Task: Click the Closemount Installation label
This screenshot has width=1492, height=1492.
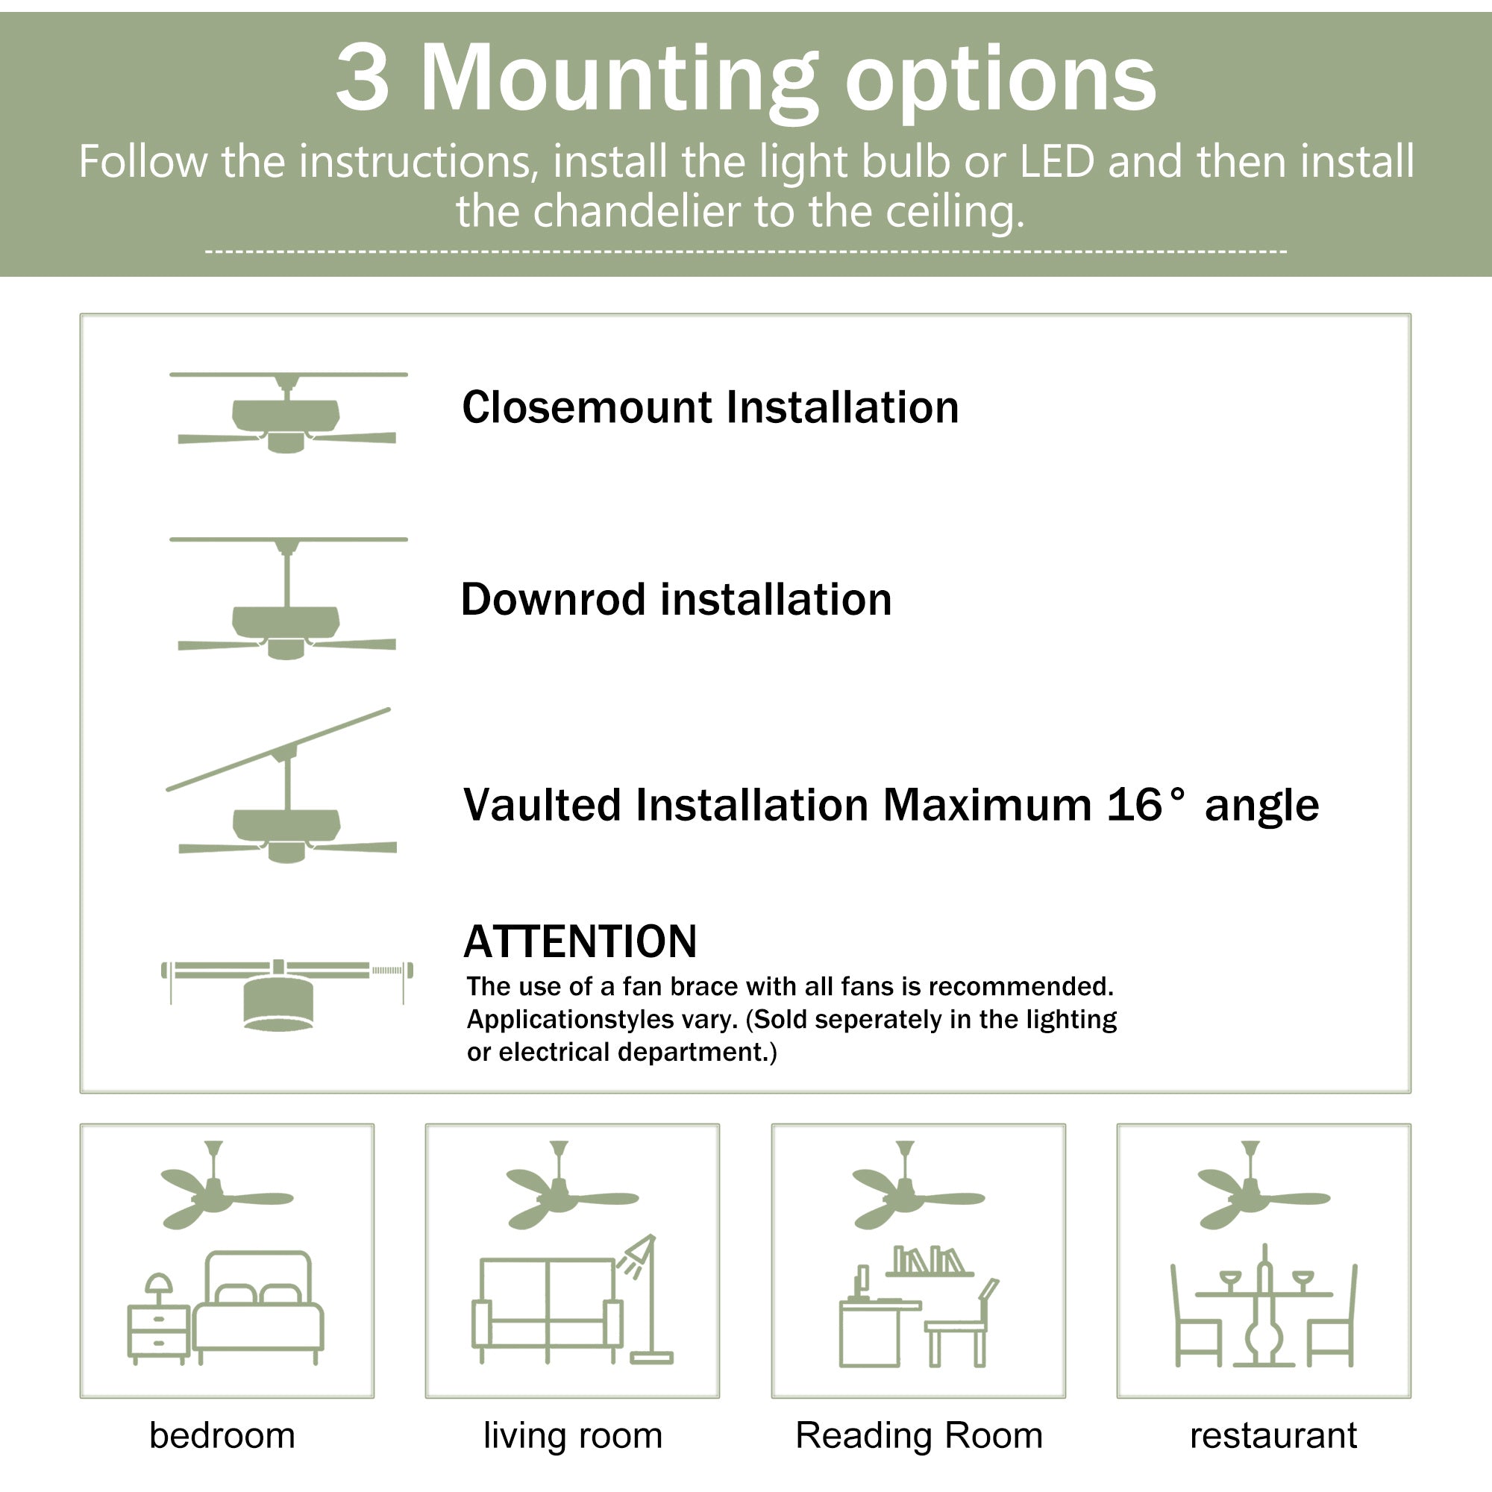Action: pyautogui.click(x=709, y=407)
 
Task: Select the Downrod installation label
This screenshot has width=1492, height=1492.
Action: pyautogui.click(x=676, y=599)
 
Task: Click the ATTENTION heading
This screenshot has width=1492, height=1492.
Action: pyautogui.click(x=580, y=941)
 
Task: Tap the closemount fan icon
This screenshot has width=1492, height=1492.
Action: pyautogui.click(x=286, y=417)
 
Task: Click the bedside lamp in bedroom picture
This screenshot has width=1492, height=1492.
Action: pyautogui.click(x=159, y=1286)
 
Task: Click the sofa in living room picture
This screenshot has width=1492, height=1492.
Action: pyautogui.click(x=547, y=1309)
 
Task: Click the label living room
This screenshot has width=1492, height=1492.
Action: pyautogui.click(x=572, y=1436)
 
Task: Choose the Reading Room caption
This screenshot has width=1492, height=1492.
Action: pyautogui.click(x=919, y=1436)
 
